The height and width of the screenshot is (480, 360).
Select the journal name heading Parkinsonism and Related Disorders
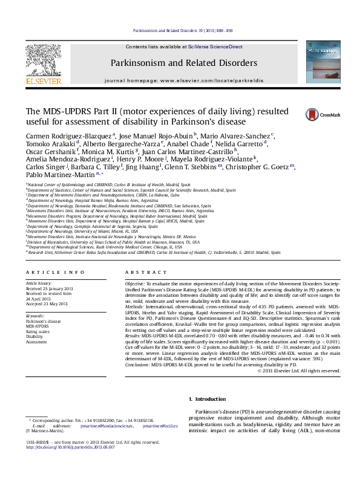tap(183, 63)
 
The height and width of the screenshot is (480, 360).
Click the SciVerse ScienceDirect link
tap(215, 47)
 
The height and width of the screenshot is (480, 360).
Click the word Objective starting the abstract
tap(134, 284)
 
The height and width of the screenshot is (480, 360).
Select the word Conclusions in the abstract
tap(137, 365)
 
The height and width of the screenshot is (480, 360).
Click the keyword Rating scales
tap(38, 331)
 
